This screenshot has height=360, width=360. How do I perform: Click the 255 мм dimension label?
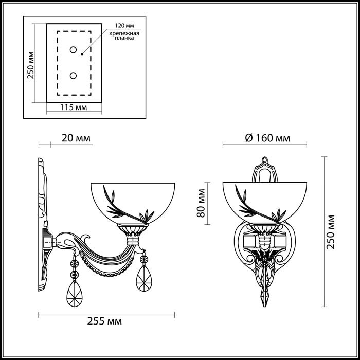104,321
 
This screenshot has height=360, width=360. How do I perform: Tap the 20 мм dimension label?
76,138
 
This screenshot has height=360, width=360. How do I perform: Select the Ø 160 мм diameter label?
267,138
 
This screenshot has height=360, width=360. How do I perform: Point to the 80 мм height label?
201,203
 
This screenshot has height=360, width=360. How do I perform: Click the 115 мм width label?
74,107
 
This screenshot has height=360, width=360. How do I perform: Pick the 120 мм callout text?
124,26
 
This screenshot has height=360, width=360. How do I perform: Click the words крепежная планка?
124,36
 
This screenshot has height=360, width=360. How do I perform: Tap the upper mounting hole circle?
73,49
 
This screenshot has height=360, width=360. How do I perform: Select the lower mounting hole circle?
73,76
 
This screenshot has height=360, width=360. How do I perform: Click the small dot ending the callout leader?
82,55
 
